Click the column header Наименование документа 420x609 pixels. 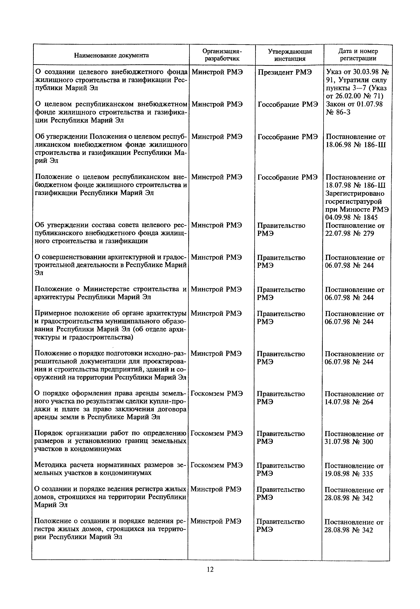(x=111, y=55)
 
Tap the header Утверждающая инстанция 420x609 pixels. (x=290, y=55)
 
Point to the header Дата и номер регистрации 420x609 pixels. (x=358, y=55)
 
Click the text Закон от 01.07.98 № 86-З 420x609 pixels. (x=354, y=108)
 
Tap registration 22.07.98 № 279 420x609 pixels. (x=349, y=233)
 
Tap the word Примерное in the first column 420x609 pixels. (x=53, y=313)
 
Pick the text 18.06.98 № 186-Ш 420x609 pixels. (x=355, y=145)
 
